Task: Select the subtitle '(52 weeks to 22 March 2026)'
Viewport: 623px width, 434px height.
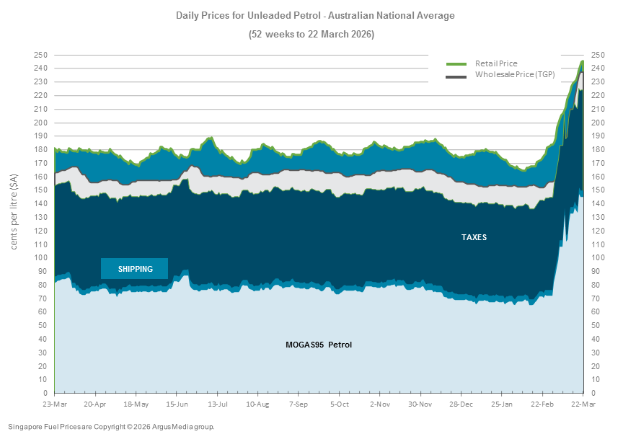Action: coord(311,34)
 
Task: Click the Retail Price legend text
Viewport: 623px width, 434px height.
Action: coord(496,63)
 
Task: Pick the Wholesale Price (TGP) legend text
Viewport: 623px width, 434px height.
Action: coord(514,75)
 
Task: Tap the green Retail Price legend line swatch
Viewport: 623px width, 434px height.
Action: coord(456,63)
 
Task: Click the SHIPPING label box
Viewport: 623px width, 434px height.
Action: coord(135,269)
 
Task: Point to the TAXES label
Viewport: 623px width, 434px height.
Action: coord(474,237)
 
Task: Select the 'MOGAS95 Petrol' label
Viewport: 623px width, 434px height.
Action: coord(319,345)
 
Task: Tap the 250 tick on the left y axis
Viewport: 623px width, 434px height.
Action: coord(41,55)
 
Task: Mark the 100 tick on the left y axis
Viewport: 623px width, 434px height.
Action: coord(41,258)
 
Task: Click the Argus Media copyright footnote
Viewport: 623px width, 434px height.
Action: coord(111,427)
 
